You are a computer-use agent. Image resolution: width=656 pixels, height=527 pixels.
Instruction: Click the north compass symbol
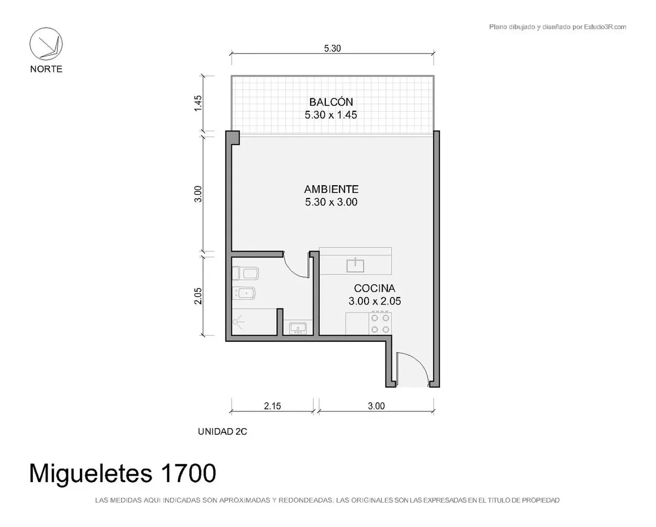[x=46, y=44]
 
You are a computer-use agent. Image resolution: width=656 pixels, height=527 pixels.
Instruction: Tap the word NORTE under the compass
[x=46, y=69]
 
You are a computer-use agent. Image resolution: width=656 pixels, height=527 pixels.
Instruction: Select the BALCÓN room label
[x=331, y=102]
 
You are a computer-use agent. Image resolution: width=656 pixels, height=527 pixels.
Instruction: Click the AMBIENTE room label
[x=331, y=189]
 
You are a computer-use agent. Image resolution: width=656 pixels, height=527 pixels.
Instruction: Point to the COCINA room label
[x=374, y=288]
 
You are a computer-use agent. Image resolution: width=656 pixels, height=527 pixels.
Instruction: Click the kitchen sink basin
[x=355, y=265]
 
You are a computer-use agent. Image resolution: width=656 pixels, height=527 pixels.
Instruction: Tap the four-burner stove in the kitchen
[x=380, y=323]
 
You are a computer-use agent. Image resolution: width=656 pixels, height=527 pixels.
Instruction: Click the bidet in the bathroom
[x=244, y=293]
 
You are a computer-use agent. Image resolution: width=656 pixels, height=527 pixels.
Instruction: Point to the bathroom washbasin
[x=298, y=328]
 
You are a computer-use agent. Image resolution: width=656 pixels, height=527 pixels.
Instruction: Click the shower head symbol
[x=238, y=322]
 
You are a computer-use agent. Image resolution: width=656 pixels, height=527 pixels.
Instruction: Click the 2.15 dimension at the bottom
[x=272, y=406]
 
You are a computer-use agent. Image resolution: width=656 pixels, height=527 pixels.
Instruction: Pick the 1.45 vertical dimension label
[x=198, y=103]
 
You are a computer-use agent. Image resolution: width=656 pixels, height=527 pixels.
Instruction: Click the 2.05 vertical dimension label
[x=198, y=296]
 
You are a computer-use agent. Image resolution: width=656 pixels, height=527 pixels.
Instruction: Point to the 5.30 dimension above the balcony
[x=332, y=49]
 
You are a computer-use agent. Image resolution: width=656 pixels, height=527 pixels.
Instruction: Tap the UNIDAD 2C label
[x=222, y=431]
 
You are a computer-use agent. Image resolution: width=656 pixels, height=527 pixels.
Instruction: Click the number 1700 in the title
[x=188, y=473]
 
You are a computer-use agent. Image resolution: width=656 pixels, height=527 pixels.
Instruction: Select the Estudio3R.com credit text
[x=605, y=27]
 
